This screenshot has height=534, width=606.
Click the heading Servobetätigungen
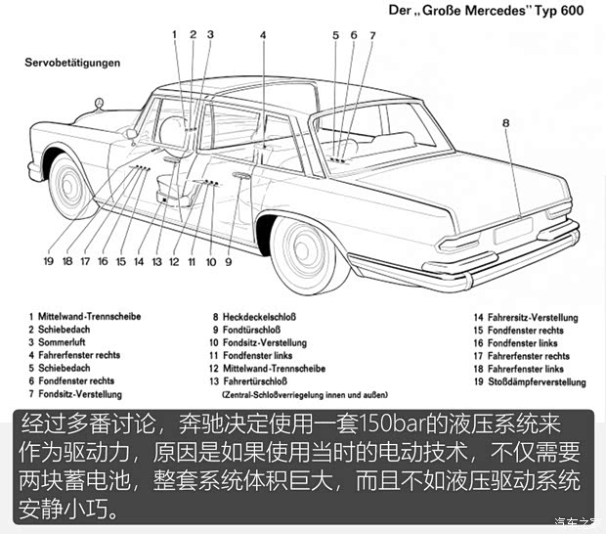click(x=72, y=62)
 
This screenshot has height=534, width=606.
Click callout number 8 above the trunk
click(x=506, y=123)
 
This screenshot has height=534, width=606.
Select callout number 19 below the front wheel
click(x=48, y=261)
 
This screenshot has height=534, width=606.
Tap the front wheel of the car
click(x=72, y=185)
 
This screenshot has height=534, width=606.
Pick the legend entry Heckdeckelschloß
click(x=253, y=317)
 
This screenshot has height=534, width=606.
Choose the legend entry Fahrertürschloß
click(x=258, y=380)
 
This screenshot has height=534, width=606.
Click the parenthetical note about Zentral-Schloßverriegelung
click(x=294, y=394)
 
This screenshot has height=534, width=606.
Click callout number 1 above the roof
click(x=175, y=35)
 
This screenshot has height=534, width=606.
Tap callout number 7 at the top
click(x=371, y=35)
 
